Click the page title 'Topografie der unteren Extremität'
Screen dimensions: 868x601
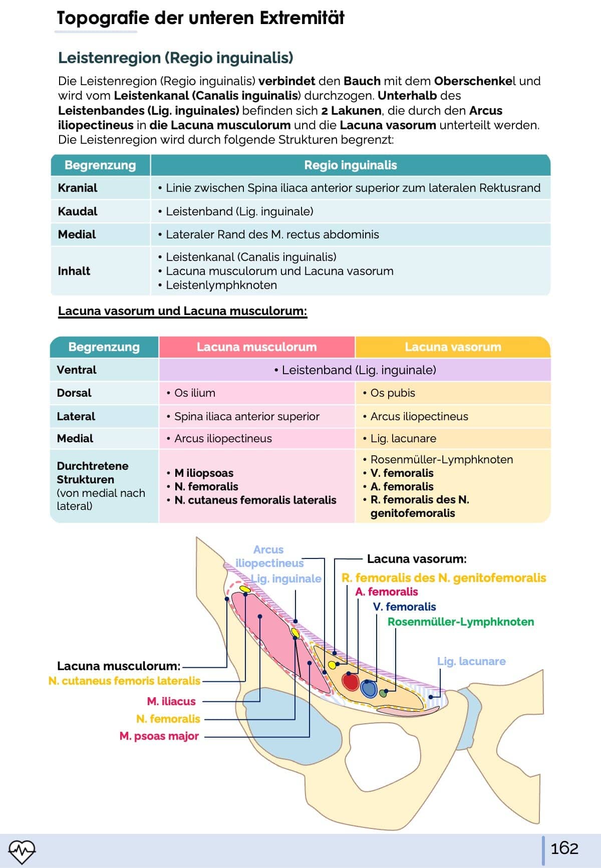(200, 18)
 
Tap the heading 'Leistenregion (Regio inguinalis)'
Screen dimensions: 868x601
(175, 58)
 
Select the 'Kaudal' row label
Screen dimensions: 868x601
(78, 211)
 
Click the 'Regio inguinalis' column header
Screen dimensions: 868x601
(350, 165)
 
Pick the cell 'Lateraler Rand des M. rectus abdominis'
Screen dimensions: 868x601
(272, 234)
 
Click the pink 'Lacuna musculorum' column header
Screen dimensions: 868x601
(256, 347)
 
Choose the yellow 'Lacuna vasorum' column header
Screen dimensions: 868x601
(453, 347)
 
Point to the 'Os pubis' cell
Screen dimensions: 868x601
(393, 393)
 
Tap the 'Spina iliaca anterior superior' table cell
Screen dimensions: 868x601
(246, 416)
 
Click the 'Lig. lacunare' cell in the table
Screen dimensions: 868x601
(403, 439)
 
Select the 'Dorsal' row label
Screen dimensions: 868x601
(74, 393)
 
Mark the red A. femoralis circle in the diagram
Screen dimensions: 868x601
(351, 681)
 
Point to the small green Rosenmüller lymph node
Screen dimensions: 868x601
(384, 694)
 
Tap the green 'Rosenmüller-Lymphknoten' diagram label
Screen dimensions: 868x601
(460, 622)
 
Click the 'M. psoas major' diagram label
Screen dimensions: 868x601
(159, 736)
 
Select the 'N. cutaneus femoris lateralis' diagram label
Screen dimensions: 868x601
(124, 681)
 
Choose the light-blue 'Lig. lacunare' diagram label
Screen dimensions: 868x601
(471, 662)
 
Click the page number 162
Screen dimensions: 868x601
(564, 848)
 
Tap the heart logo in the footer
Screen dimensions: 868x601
(22, 850)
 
